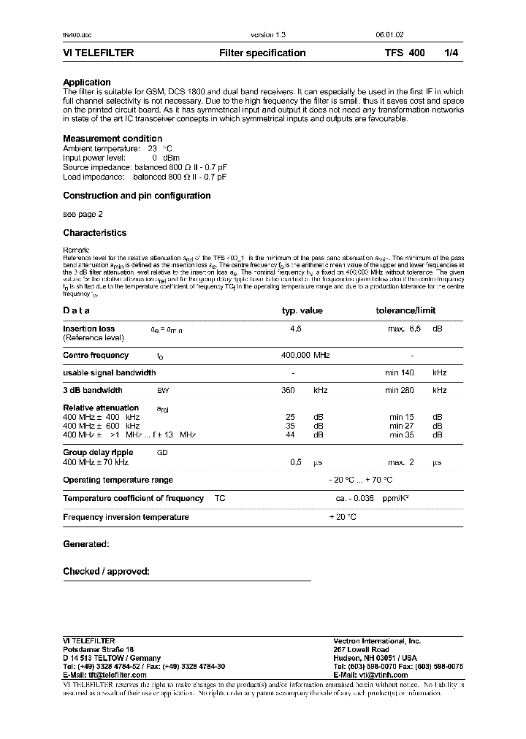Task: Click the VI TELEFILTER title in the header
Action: (x=98, y=53)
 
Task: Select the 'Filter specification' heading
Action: (x=262, y=53)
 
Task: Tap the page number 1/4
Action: (x=453, y=53)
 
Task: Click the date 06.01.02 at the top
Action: (x=388, y=34)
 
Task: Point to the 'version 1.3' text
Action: (x=262, y=34)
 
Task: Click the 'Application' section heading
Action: (x=87, y=83)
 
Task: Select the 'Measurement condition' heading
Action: (x=113, y=139)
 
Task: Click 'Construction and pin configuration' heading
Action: (x=137, y=196)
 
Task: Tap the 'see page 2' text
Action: (x=83, y=215)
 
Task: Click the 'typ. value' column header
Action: (x=302, y=310)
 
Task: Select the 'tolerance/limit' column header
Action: (x=405, y=310)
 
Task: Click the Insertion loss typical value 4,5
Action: (x=296, y=329)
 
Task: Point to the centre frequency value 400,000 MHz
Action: (x=305, y=356)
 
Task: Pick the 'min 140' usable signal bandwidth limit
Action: (x=400, y=373)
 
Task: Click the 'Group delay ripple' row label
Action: (x=98, y=453)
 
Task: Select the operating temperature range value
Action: (x=361, y=480)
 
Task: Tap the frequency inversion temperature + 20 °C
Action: (x=343, y=517)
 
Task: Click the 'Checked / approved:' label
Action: (x=106, y=572)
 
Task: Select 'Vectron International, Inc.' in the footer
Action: (x=377, y=640)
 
